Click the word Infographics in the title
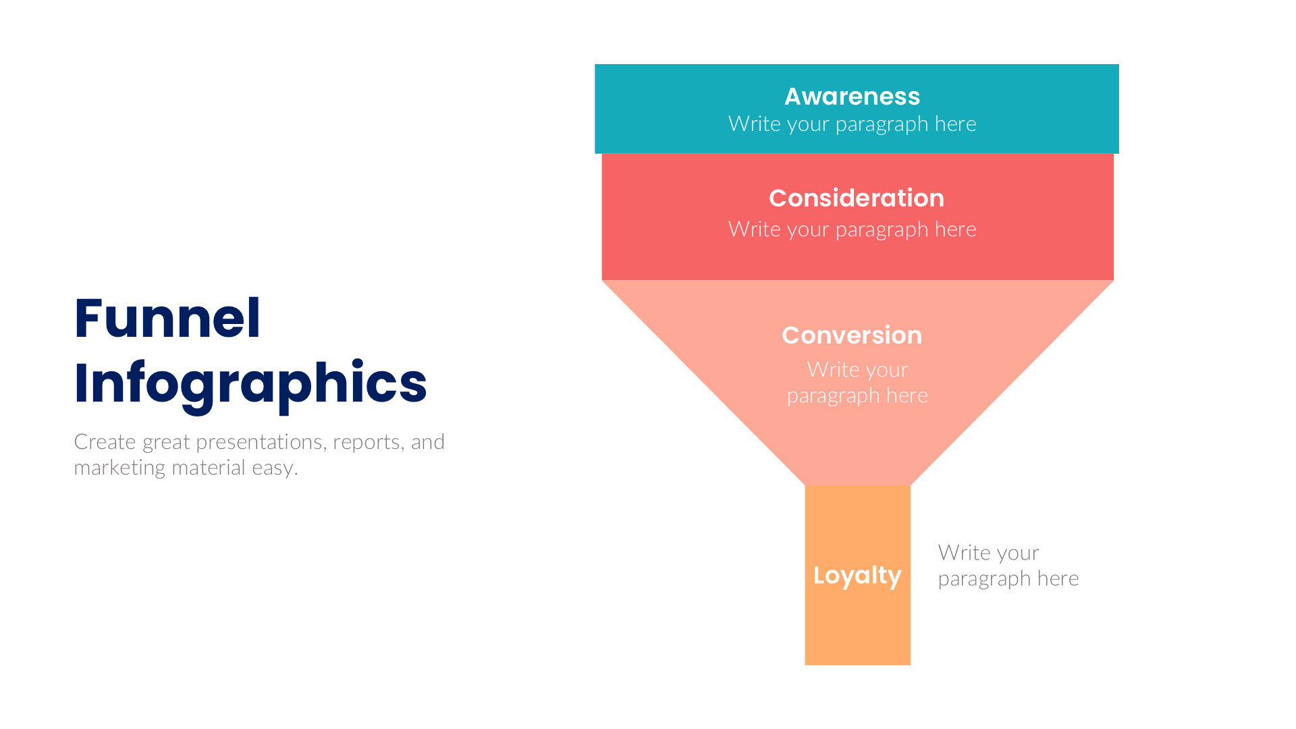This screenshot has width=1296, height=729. [250, 383]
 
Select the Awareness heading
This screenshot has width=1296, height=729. [852, 97]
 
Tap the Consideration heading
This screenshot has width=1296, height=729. [856, 198]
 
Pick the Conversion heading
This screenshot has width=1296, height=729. [851, 335]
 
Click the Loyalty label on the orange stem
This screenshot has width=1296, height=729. [857, 575]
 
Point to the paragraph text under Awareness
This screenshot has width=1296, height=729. [852, 124]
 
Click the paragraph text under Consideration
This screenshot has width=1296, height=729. [852, 230]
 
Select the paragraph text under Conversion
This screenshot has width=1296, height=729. [857, 382]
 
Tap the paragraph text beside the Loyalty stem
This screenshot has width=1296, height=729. [1008, 566]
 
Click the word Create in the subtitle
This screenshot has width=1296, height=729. [105, 442]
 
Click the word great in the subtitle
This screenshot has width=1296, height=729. [165, 443]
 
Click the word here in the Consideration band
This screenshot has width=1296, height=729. [955, 230]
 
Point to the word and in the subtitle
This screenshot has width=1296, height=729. [428, 442]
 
